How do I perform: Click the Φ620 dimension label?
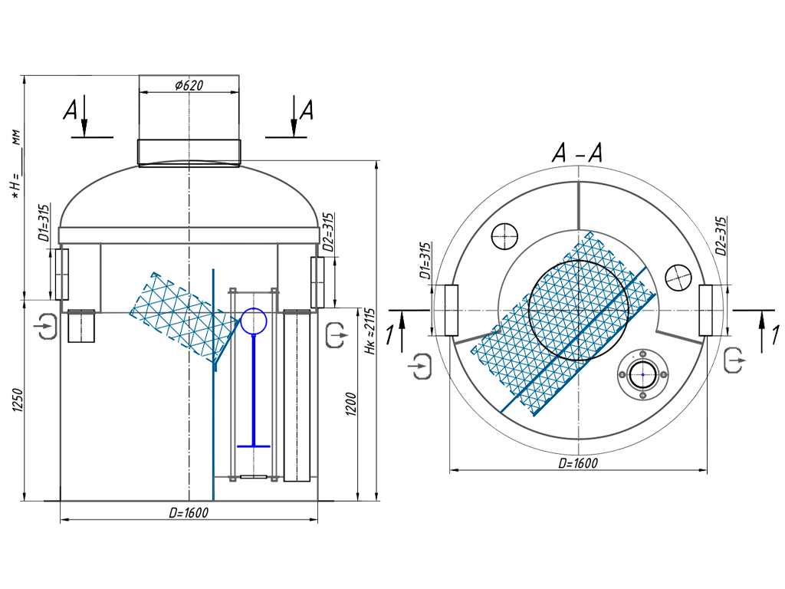click(x=189, y=86)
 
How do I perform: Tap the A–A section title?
click(x=577, y=154)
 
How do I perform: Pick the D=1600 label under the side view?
click(x=188, y=512)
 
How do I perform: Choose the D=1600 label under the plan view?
click(x=577, y=463)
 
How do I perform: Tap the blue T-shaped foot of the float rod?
click(x=253, y=445)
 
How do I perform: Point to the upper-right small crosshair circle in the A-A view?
click(x=679, y=277)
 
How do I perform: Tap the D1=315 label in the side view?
click(x=44, y=223)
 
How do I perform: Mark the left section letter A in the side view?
click(x=70, y=113)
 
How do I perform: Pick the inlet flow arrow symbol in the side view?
click(x=45, y=326)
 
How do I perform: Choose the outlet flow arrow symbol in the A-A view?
click(x=733, y=359)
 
